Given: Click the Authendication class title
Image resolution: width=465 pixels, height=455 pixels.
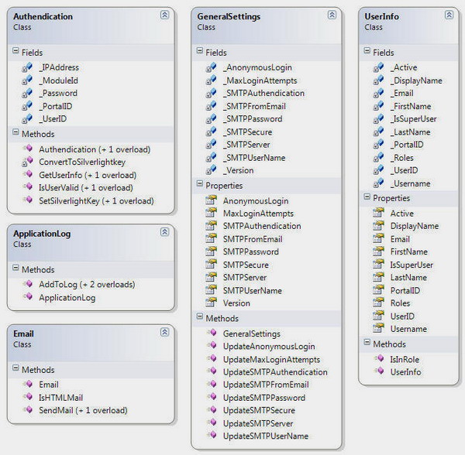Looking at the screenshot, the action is (43, 16).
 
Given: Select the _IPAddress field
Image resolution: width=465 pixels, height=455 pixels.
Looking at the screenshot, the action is (59, 67).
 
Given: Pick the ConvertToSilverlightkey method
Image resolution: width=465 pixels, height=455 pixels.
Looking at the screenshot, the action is (82, 162).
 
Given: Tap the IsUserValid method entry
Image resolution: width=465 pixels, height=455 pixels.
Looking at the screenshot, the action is (86, 188).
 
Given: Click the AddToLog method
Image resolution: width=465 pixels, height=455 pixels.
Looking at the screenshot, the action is (87, 285).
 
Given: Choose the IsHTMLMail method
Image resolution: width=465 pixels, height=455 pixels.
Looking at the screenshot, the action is (60, 398).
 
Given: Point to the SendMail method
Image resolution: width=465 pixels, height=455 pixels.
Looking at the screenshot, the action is (83, 410).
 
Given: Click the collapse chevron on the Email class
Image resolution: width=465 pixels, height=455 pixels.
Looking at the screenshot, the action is (164, 332).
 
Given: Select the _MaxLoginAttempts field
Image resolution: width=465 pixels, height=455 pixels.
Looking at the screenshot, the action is (260, 80).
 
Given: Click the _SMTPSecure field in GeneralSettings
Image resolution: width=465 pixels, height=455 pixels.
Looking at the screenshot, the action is (247, 132).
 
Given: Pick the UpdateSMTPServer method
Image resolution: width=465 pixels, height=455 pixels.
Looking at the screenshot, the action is (258, 423).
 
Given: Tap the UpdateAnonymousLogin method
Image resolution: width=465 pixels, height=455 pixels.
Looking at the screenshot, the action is (269, 347).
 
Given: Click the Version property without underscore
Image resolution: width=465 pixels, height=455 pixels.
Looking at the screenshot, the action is (236, 303).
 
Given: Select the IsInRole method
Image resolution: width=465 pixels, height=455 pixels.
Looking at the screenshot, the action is (405, 359).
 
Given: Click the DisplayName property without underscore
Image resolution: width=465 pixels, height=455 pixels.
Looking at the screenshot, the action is (415, 226).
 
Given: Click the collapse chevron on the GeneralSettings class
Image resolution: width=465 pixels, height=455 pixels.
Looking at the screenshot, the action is (332, 15).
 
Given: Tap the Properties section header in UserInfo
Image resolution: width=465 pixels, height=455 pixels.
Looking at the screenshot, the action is (391, 198).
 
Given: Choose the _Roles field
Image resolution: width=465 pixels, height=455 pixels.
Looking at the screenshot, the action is (401, 158).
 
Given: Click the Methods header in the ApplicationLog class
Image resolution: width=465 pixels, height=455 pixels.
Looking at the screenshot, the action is (38, 270).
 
